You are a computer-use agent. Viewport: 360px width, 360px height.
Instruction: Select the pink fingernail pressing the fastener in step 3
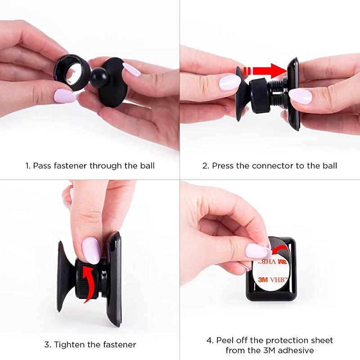coord(91,250)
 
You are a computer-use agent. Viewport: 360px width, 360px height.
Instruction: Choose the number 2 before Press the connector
coord(205,166)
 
